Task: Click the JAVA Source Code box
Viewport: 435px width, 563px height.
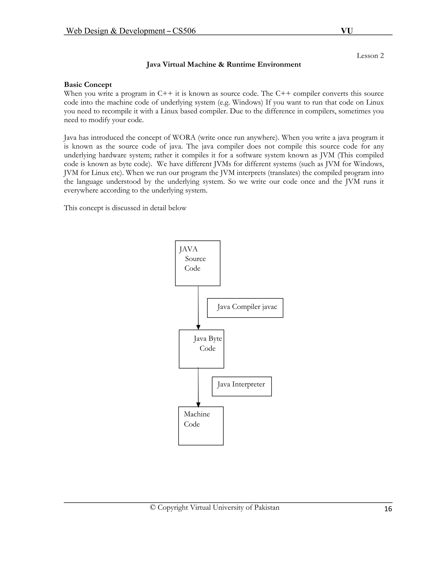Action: (x=198, y=263)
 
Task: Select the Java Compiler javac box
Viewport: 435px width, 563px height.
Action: (x=245, y=308)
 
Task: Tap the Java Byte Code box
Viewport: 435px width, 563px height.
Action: (x=201, y=349)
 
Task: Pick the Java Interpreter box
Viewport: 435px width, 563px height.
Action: (x=242, y=386)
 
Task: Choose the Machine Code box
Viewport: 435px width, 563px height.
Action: (x=201, y=426)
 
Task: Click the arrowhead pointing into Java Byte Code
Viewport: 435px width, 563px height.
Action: (x=198, y=327)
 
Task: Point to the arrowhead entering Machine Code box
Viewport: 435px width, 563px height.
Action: (x=198, y=405)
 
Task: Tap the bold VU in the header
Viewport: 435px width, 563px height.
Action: (x=347, y=31)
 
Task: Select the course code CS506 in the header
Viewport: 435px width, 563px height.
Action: (x=184, y=31)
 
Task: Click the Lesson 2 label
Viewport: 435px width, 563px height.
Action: (x=370, y=56)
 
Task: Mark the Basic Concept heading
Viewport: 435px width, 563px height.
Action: (x=88, y=85)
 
